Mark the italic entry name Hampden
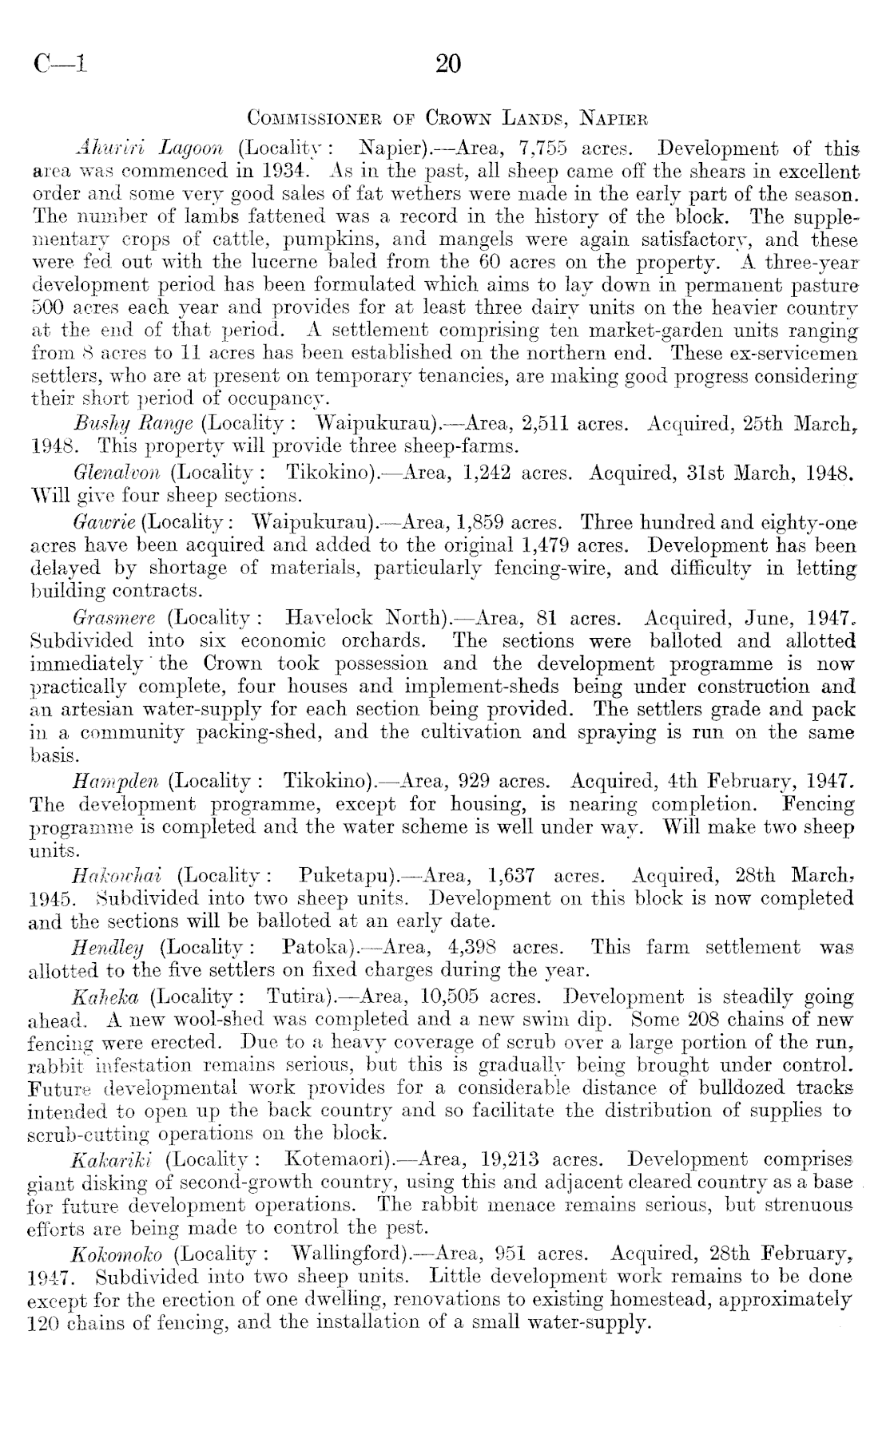pos(117,779)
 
